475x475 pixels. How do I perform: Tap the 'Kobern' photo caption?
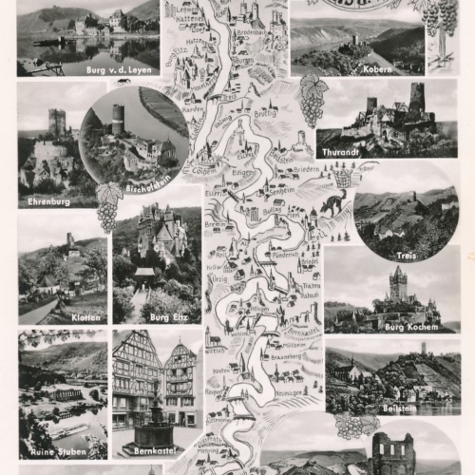tap(376, 69)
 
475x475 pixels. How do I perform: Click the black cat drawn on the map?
tap(333, 201)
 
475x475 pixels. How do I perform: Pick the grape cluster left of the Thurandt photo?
tap(313, 99)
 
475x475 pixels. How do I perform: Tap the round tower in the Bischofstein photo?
tap(118, 121)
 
